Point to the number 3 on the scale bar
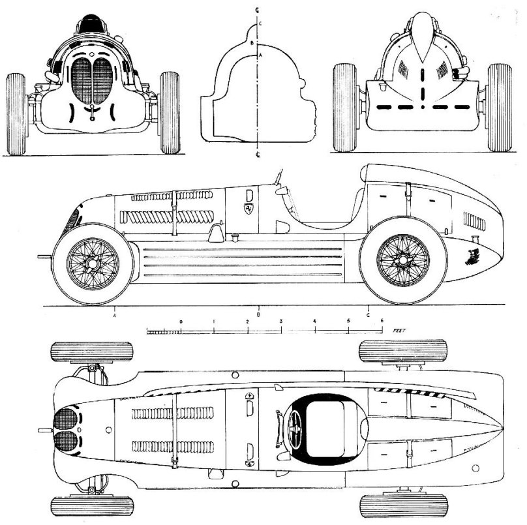tap(281, 322)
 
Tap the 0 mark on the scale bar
tap(181, 322)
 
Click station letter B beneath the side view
tap(259, 315)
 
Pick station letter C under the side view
tap(369, 315)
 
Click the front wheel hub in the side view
tap(93, 263)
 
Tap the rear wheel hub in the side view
tap(403, 260)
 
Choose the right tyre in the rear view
tap(499, 108)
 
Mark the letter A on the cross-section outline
tap(262, 56)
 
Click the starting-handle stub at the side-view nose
tap(44, 257)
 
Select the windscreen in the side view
tap(279, 177)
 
